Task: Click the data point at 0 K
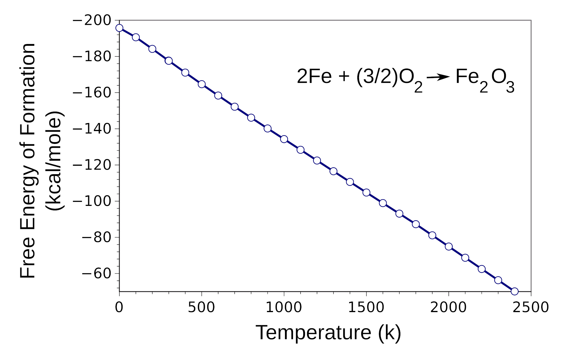click(119, 28)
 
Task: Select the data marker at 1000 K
click(284, 139)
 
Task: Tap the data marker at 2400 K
click(515, 291)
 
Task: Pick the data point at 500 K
click(202, 84)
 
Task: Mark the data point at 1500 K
click(366, 192)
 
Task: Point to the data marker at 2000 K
click(449, 247)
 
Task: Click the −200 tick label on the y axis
click(92, 21)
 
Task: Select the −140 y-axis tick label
click(92, 129)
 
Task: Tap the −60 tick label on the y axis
click(96, 274)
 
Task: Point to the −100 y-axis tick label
click(92, 201)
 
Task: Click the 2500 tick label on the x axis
click(531, 308)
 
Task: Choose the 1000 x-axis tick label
click(284, 308)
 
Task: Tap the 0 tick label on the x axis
click(119, 308)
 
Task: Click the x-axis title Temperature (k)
click(328, 332)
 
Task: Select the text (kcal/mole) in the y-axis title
click(54, 161)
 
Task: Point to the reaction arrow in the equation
click(438, 77)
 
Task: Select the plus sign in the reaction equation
click(344, 77)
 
